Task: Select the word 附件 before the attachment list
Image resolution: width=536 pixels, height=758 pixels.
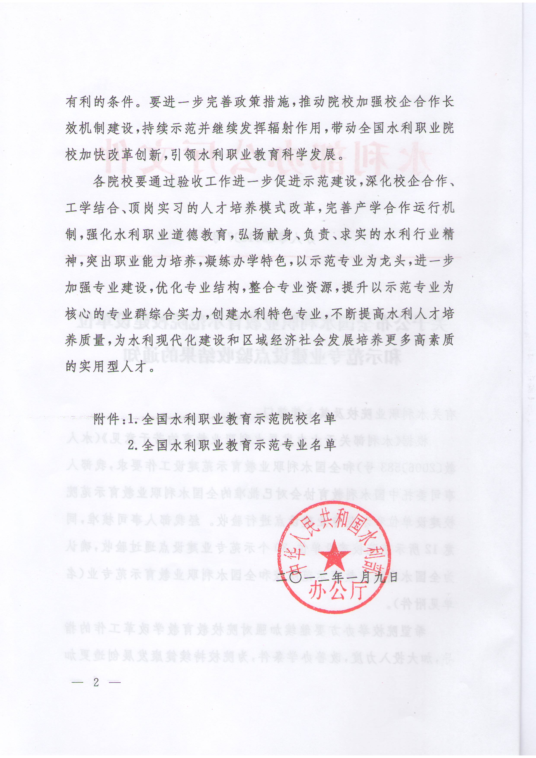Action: click(106, 419)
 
